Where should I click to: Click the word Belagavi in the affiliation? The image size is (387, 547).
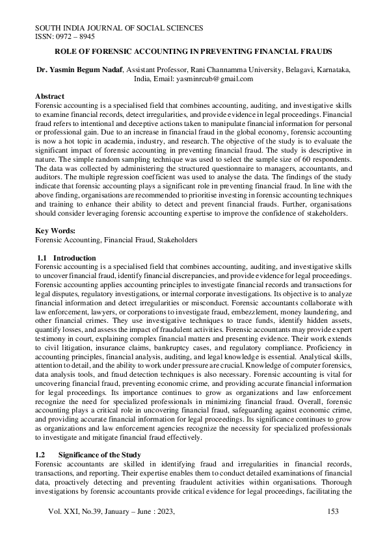(x=293, y=68)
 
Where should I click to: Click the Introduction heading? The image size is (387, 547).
(x=74, y=258)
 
